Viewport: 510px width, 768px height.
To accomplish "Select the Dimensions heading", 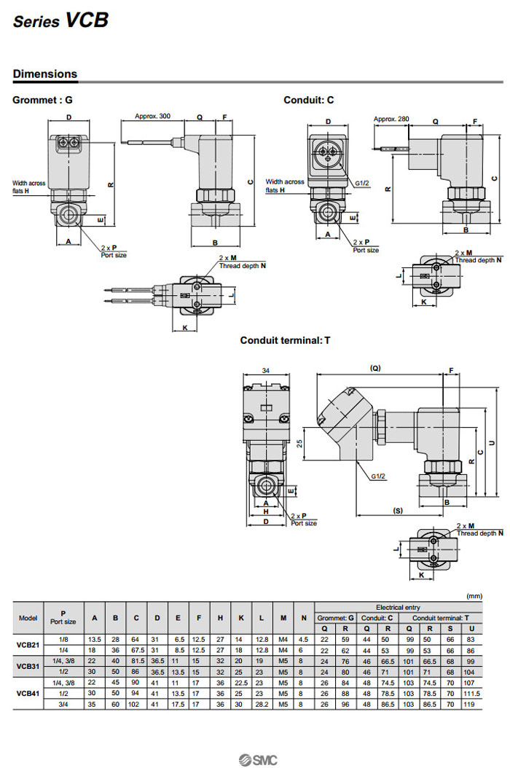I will click(x=45, y=74).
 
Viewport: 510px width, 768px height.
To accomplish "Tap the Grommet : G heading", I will click(x=43, y=100).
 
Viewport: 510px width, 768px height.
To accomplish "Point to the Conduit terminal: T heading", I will click(x=286, y=340).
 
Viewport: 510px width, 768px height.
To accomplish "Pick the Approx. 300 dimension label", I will click(x=152, y=116).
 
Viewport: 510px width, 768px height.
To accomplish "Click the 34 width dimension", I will click(x=266, y=371).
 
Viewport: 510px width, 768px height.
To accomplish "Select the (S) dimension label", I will click(x=397, y=510).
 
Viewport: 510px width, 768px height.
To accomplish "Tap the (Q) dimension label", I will click(x=376, y=368).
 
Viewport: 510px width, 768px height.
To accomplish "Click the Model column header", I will click(x=28, y=618).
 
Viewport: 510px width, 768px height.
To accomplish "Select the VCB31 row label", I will click(x=28, y=666).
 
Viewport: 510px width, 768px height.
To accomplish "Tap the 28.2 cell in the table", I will click(x=262, y=705).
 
